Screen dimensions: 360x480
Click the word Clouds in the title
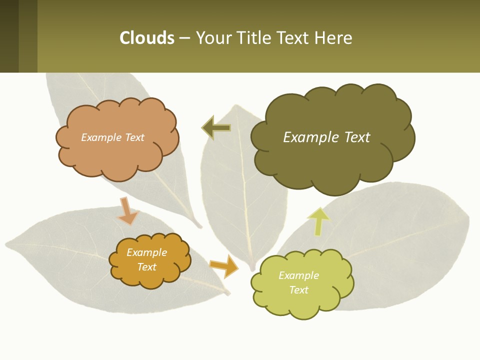147,38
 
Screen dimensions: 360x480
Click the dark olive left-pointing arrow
216,128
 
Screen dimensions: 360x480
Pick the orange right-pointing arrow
224,265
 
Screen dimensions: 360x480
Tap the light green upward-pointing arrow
318,221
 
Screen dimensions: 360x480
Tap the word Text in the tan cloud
134,137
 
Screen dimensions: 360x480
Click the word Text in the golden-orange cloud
147,267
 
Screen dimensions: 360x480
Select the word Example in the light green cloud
298,275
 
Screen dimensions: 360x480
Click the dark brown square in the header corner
9,36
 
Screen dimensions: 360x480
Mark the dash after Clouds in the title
184,38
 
